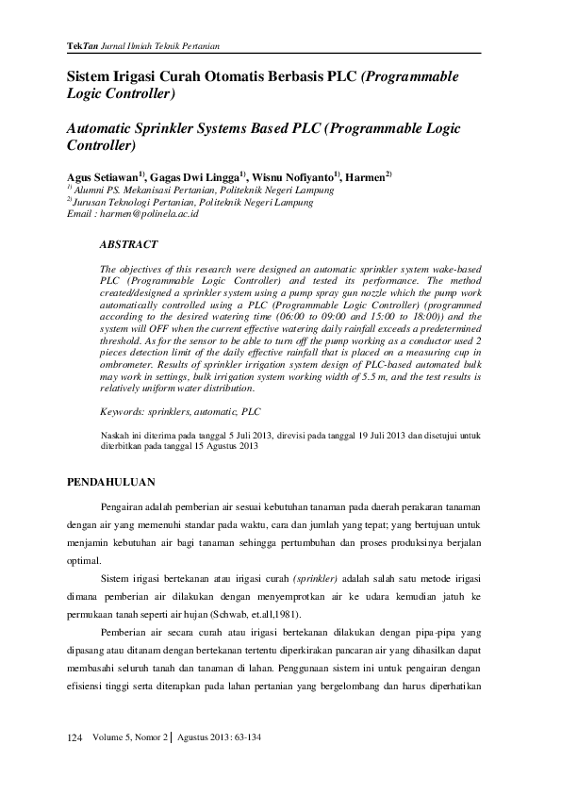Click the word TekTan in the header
coord(80,46)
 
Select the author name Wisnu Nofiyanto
coord(292,177)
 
